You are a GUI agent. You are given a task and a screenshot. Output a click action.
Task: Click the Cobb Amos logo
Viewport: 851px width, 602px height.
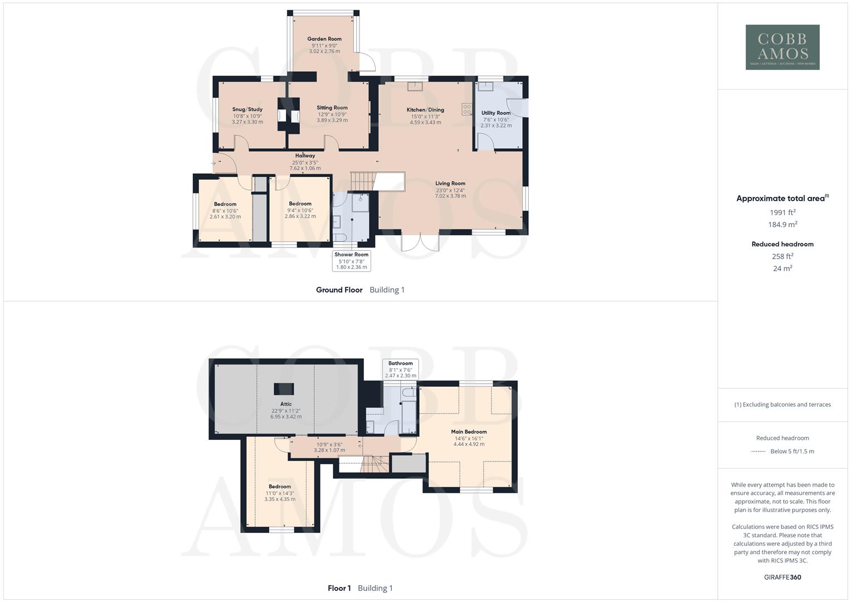(782, 47)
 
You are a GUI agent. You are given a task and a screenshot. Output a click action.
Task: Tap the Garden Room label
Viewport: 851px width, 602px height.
(324, 39)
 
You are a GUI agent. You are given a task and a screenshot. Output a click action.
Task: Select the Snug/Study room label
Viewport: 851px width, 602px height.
(247, 109)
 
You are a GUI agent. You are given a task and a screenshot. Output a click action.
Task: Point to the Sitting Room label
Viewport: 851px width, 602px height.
(332, 108)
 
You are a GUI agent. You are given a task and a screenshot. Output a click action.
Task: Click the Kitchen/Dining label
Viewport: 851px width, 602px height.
(425, 110)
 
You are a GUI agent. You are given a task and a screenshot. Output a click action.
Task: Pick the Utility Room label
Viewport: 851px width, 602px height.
(496, 113)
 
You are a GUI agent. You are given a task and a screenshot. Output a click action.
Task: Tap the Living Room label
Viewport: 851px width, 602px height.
(450, 183)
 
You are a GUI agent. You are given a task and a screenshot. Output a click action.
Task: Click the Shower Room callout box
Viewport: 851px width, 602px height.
(352, 261)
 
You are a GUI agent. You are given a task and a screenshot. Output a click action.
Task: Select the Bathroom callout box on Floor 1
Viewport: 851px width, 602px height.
(401, 369)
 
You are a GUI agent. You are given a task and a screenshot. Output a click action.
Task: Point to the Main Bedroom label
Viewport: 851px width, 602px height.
(469, 431)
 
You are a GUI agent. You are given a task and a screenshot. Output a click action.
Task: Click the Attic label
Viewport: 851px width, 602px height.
(286, 404)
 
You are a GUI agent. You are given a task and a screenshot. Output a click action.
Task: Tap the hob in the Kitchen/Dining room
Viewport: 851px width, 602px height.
(466, 109)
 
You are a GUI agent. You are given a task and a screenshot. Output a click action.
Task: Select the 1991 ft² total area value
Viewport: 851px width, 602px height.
(782, 212)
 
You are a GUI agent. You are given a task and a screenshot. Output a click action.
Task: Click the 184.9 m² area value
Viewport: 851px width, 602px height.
(782, 225)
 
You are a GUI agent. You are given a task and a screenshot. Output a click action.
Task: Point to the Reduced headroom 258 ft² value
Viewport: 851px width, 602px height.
(782, 256)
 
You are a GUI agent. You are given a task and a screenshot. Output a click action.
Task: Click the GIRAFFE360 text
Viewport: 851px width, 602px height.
(782, 577)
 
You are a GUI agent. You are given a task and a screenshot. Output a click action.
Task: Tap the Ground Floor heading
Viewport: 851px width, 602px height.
(339, 290)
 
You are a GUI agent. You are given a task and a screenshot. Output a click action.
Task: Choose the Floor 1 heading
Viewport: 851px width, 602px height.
(339, 588)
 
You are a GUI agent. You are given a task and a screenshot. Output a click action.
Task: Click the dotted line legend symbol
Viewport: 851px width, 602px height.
(758, 452)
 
